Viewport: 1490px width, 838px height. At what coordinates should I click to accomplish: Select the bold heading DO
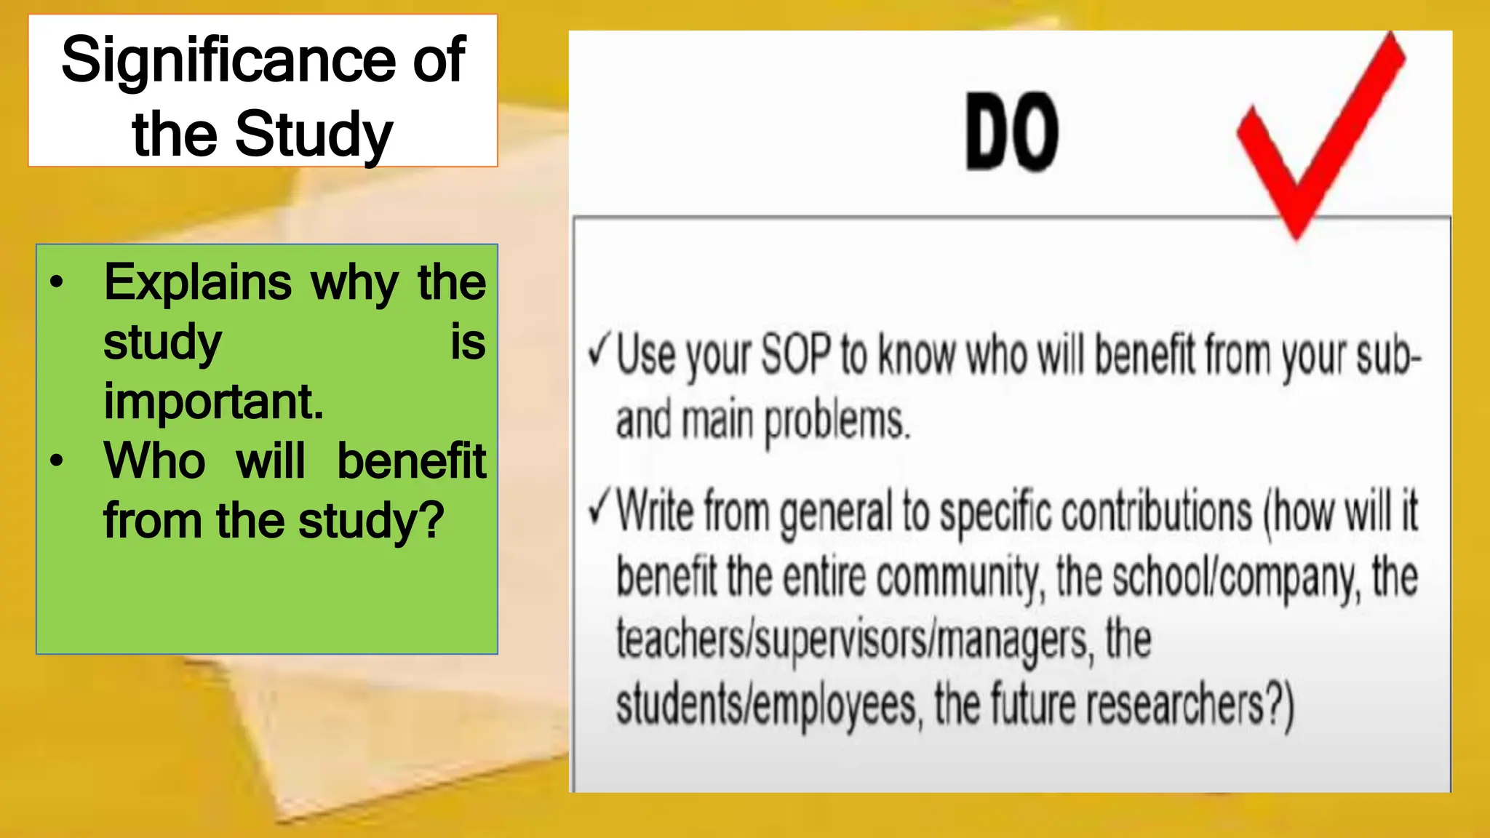click(x=1011, y=132)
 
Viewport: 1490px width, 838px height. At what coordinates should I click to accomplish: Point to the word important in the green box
click(x=212, y=402)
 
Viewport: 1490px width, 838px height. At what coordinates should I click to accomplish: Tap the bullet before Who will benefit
click(x=57, y=461)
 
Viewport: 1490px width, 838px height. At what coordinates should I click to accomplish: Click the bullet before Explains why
click(x=57, y=282)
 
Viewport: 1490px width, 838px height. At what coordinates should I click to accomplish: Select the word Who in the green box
click(x=154, y=461)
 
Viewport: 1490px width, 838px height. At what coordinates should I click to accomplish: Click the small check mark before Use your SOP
click(x=599, y=351)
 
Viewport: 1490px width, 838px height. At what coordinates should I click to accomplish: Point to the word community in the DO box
click(x=960, y=579)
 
